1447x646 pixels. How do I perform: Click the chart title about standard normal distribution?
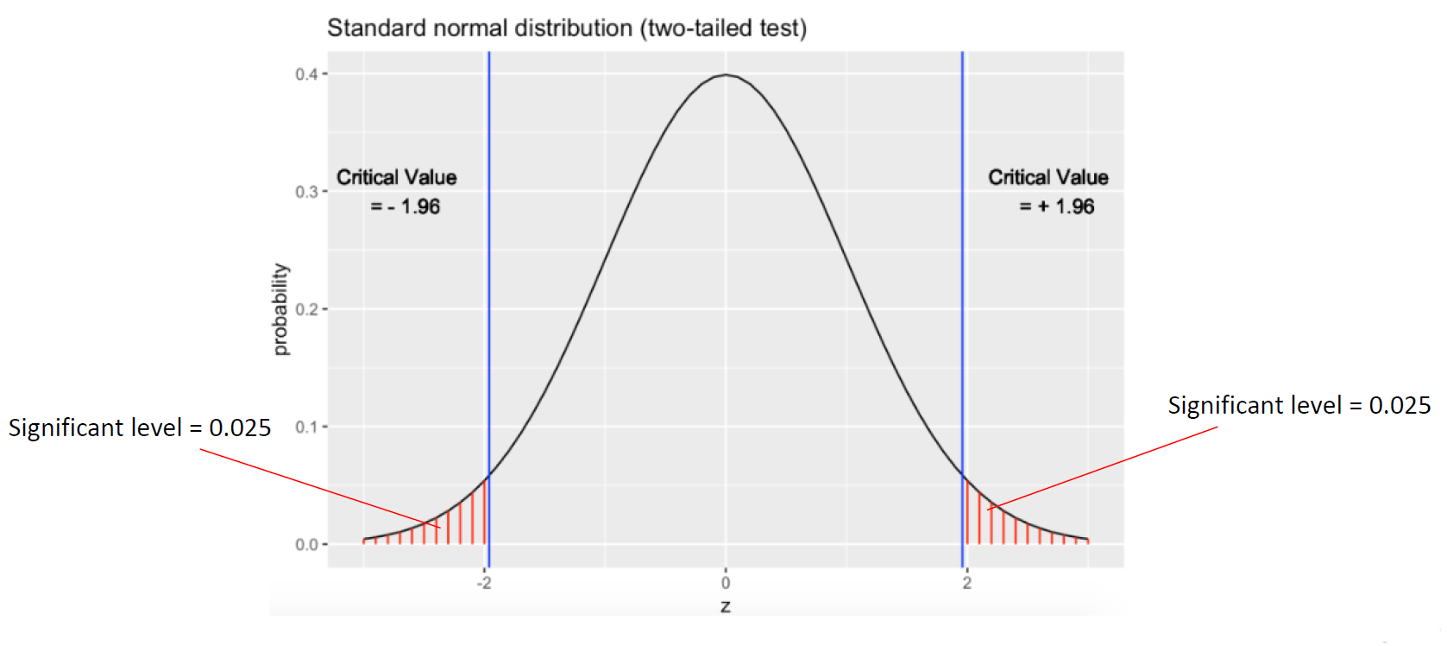pyautogui.click(x=567, y=28)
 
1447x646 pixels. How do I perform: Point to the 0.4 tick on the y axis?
pyautogui.click(x=306, y=74)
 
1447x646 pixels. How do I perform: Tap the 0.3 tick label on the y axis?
pyautogui.click(x=306, y=192)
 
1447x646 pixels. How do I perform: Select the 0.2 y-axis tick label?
pyautogui.click(x=306, y=309)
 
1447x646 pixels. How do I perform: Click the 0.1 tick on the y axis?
pyautogui.click(x=306, y=427)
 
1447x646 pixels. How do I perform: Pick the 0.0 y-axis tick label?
pyautogui.click(x=306, y=545)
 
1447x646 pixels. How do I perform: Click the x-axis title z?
pyautogui.click(x=726, y=606)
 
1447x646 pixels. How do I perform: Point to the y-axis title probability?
pyautogui.click(x=281, y=309)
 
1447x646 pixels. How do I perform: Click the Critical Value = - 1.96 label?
pyautogui.click(x=397, y=192)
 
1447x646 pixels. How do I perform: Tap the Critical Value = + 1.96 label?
pyautogui.click(x=1048, y=192)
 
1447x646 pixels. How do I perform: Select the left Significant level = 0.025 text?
pyautogui.click(x=140, y=427)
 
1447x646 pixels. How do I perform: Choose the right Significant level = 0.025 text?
pyautogui.click(x=1299, y=405)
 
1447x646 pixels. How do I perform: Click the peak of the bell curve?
pyautogui.click(x=726, y=75)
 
